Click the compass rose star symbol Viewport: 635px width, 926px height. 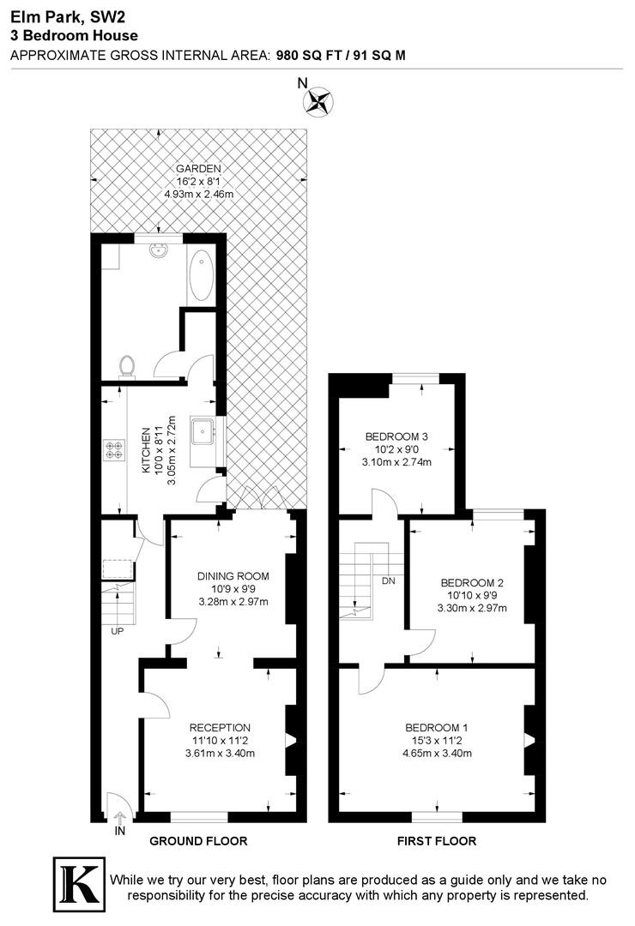click(x=318, y=100)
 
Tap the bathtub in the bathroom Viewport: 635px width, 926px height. click(x=201, y=275)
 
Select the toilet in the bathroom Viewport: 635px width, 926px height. click(x=125, y=365)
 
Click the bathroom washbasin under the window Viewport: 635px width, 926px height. click(x=159, y=251)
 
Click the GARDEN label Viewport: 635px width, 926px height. click(x=199, y=169)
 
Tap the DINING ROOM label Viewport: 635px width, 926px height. click(x=233, y=576)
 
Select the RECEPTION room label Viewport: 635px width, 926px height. click(x=220, y=728)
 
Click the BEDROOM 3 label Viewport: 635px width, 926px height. click(x=396, y=436)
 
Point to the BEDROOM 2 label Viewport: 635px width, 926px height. click(x=473, y=583)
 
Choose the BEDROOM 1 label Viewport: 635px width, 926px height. click(x=437, y=728)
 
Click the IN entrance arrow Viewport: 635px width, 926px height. click(x=120, y=818)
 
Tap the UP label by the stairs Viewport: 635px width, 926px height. click(x=117, y=631)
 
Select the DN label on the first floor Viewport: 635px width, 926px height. click(x=389, y=581)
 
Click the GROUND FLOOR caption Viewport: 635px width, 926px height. click(x=199, y=841)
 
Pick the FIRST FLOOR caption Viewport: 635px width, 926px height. click(x=437, y=841)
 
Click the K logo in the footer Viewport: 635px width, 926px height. click(x=79, y=883)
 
